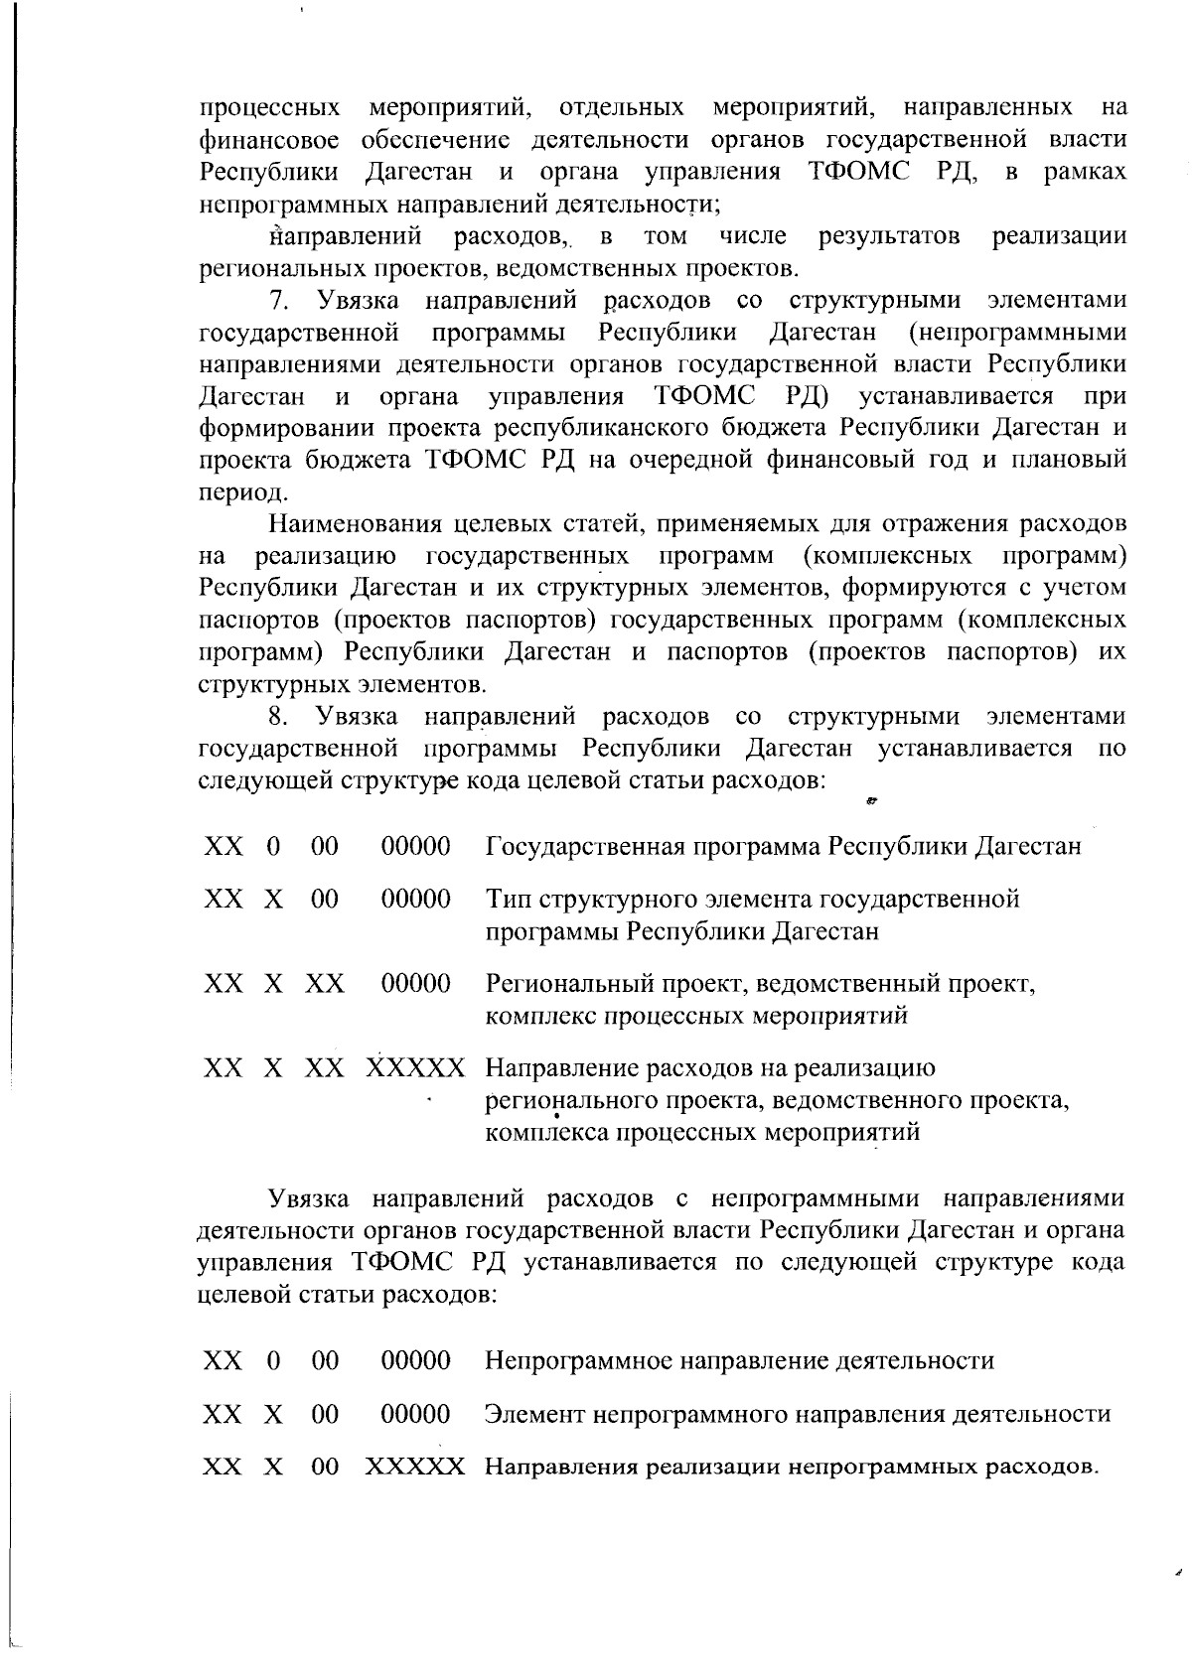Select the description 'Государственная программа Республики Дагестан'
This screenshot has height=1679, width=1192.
point(783,847)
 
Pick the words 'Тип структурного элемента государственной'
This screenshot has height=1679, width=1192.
point(752,900)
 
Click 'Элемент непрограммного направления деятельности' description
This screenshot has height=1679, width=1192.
point(797,1414)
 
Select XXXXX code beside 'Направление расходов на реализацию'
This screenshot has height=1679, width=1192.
point(414,1069)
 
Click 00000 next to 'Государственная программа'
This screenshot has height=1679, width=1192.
point(416,847)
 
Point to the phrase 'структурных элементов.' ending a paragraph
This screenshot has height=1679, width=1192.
point(343,684)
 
